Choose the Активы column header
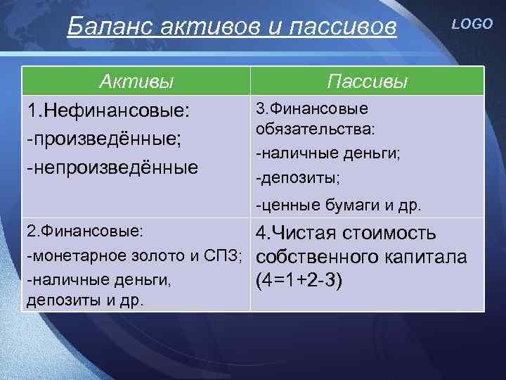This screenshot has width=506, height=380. (x=136, y=82)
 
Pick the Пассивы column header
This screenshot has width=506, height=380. (x=368, y=82)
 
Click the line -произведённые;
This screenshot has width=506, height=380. (x=103, y=139)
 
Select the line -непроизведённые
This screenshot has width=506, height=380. (x=112, y=167)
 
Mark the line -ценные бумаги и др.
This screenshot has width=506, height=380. (x=339, y=206)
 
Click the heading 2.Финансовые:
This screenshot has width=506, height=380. (x=84, y=231)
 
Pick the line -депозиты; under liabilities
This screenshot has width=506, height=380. (x=298, y=179)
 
